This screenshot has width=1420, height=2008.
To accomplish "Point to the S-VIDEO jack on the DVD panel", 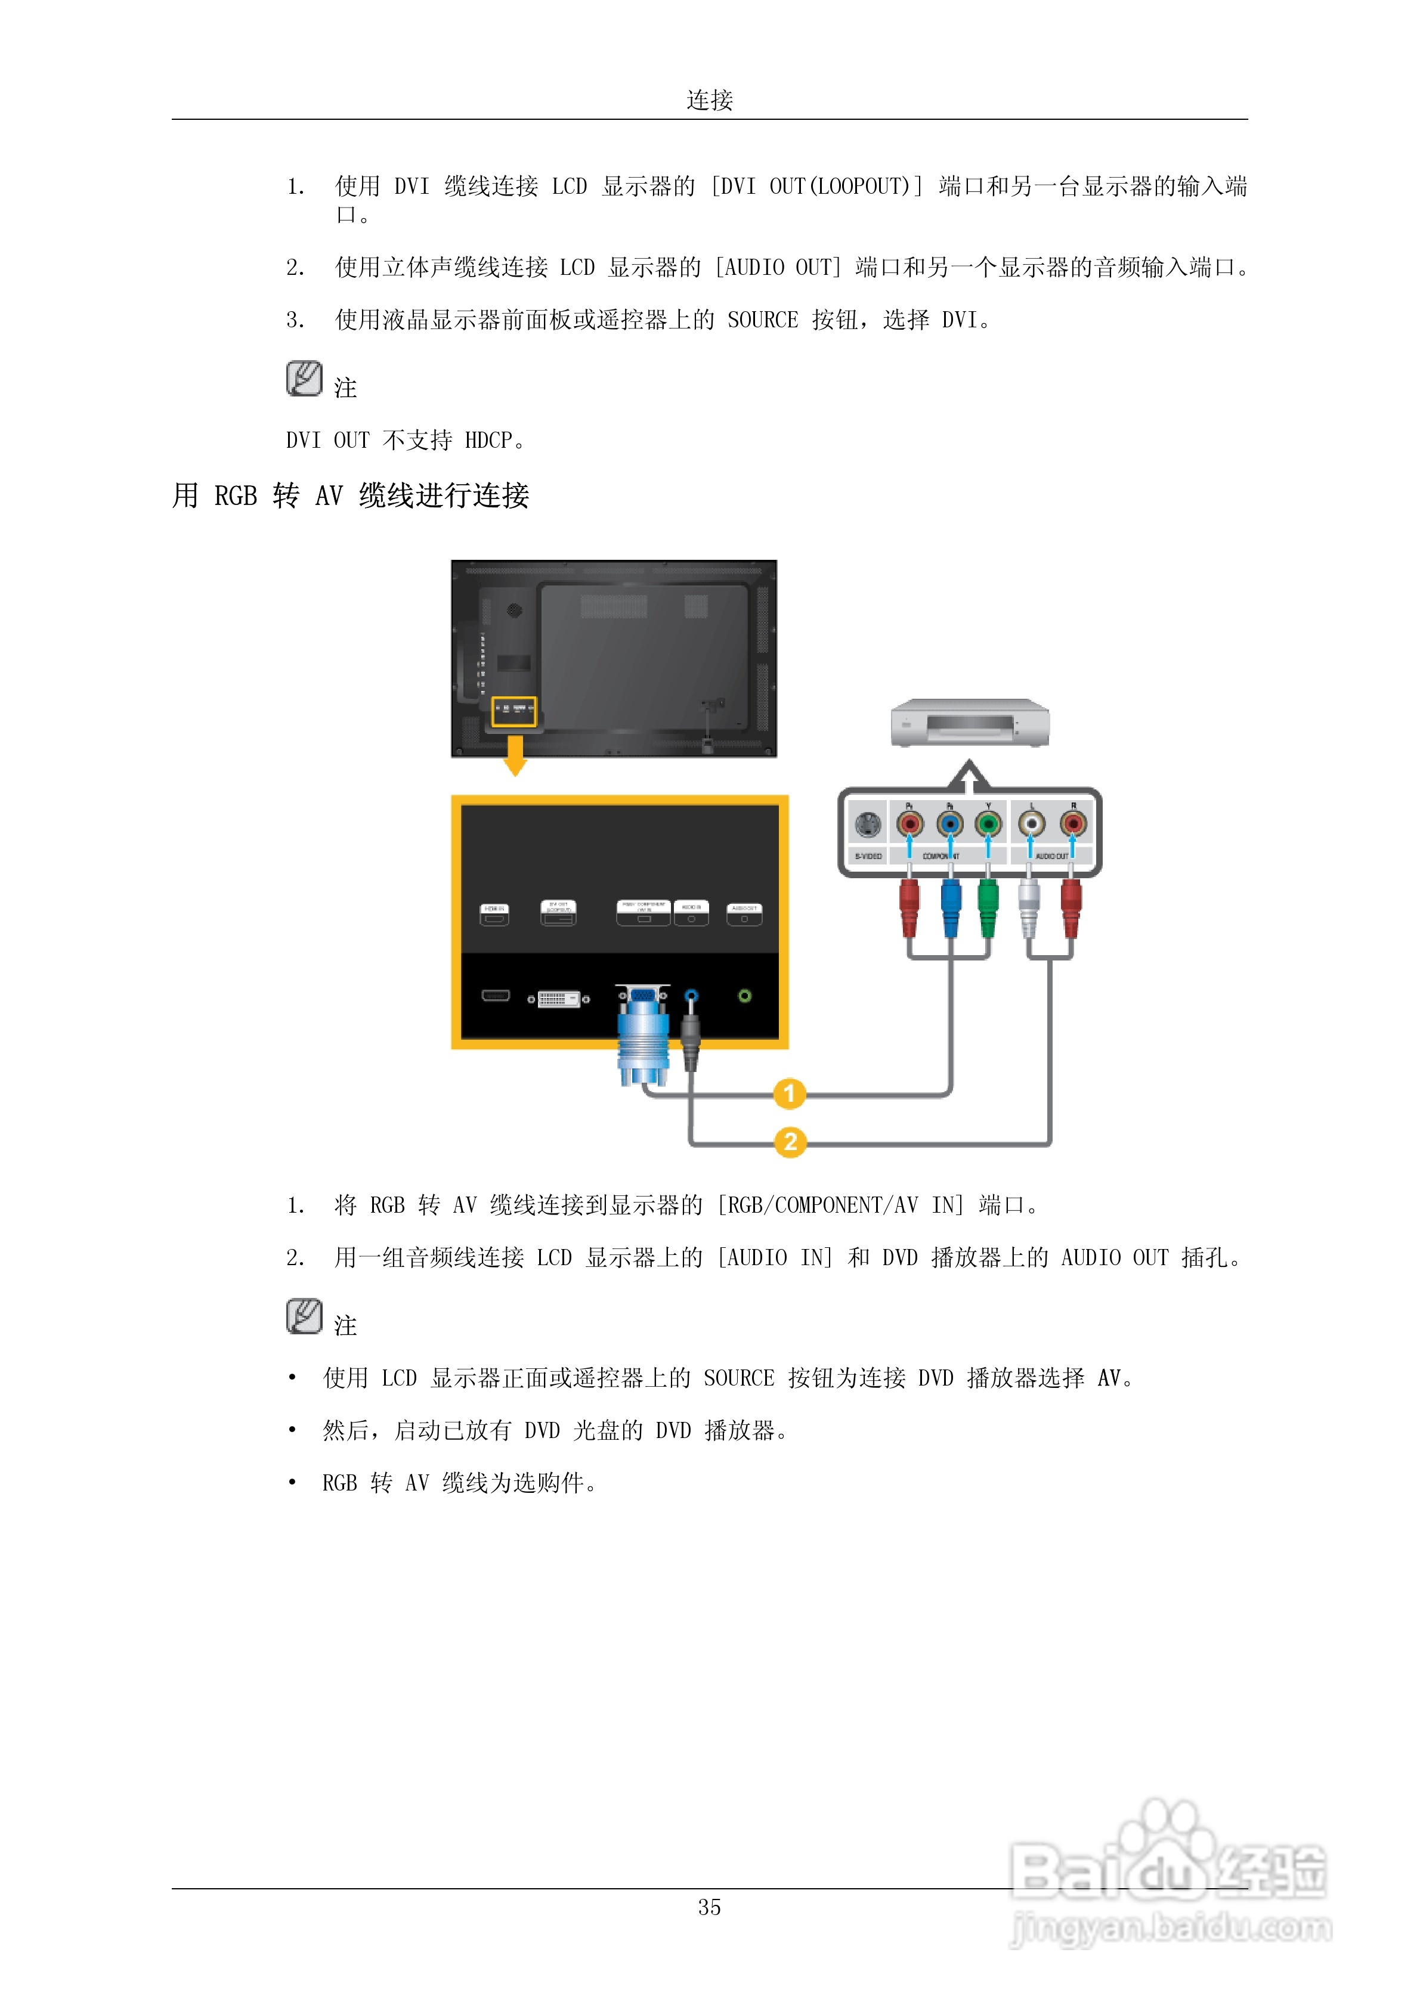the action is [867, 825].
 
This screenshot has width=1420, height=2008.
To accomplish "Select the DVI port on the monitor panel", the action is [558, 998].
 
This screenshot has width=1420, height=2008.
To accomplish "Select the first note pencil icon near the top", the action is [304, 379].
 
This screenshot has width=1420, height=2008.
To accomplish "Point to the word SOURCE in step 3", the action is [762, 320].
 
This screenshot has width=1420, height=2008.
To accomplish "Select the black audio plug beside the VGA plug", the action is [690, 1036].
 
